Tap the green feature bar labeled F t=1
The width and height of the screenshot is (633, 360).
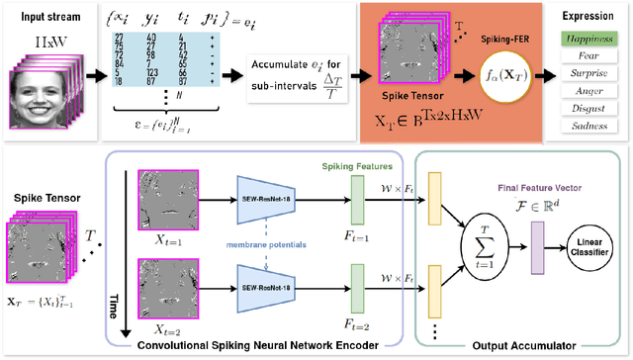pos(357,206)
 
